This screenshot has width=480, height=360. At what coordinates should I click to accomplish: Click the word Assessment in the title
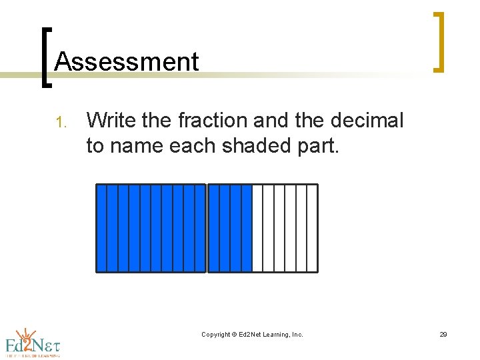[127, 62]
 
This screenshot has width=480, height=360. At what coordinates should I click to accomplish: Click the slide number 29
[443, 335]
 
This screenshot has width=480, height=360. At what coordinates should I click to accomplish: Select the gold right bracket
[438, 41]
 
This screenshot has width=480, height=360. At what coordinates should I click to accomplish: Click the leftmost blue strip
[102, 228]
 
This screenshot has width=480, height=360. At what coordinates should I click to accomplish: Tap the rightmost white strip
[312, 228]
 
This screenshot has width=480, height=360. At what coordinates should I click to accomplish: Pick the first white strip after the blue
[258, 228]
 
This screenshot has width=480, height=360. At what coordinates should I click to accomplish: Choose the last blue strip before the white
[247, 228]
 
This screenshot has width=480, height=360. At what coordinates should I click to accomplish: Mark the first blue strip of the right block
[213, 228]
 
